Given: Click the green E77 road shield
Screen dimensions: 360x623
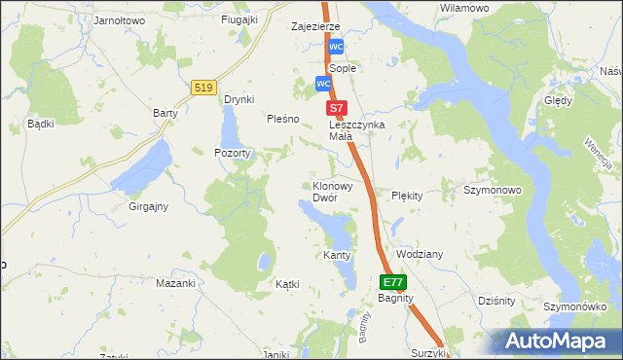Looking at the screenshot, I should click(392, 282).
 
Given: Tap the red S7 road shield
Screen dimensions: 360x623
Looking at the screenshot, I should click(336, 108).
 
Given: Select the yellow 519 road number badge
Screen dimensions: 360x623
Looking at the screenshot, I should click(203, 88).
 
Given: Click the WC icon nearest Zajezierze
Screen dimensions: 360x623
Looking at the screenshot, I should click(336, 47).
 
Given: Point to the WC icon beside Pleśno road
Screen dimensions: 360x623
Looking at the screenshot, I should click(322, 85).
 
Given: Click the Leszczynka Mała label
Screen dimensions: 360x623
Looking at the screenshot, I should click(357, 130).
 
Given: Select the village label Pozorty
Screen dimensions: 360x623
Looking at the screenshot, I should click(234, 153).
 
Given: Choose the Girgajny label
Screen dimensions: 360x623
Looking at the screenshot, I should click(149, 206).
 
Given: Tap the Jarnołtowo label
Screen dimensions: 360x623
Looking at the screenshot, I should click(118, 19).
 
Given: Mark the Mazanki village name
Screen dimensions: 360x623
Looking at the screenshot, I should click(176, 283).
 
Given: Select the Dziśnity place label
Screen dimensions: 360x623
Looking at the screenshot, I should click(496, 301).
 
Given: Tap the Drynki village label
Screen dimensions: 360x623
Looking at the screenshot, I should click(239, 99).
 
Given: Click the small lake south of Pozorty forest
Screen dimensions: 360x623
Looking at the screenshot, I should click(263, 261).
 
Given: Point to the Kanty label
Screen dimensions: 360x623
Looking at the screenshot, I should click(336, 255).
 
